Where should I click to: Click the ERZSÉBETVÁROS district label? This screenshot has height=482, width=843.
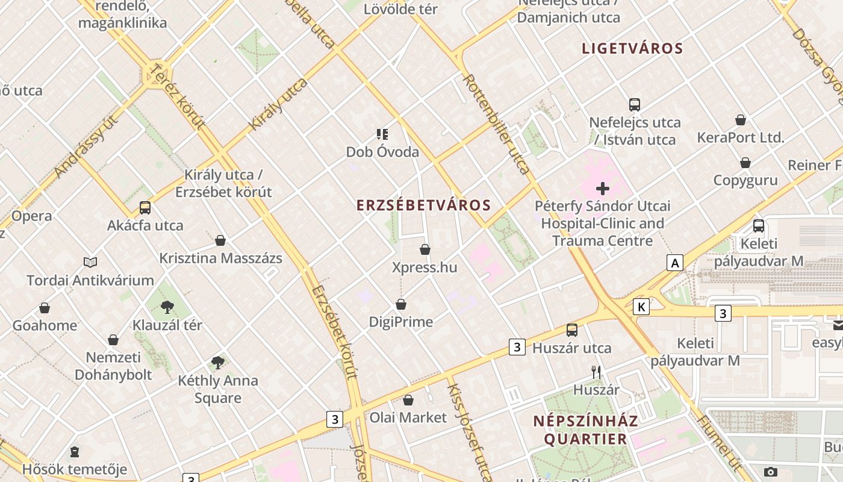424,205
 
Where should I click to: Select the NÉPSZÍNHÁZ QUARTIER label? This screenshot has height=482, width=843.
586,430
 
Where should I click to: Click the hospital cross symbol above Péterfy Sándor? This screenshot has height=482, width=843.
602,189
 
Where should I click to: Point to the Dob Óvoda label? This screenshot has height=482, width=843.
382,152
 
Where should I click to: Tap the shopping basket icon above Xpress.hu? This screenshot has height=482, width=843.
425,249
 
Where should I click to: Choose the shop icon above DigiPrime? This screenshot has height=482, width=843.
401,305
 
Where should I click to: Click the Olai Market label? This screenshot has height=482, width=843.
408,418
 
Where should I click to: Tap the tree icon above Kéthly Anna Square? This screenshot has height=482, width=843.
218,363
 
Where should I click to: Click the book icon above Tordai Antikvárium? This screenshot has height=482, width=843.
90,262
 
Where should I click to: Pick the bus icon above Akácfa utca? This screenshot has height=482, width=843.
145,208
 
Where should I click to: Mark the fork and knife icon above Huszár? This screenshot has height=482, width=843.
596,372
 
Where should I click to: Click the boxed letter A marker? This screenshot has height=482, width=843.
675,263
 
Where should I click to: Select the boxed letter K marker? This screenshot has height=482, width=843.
642,307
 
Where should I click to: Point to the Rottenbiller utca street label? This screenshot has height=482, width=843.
497,124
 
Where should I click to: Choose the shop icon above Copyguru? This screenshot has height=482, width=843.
745,163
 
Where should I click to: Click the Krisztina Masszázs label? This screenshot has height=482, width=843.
220,258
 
